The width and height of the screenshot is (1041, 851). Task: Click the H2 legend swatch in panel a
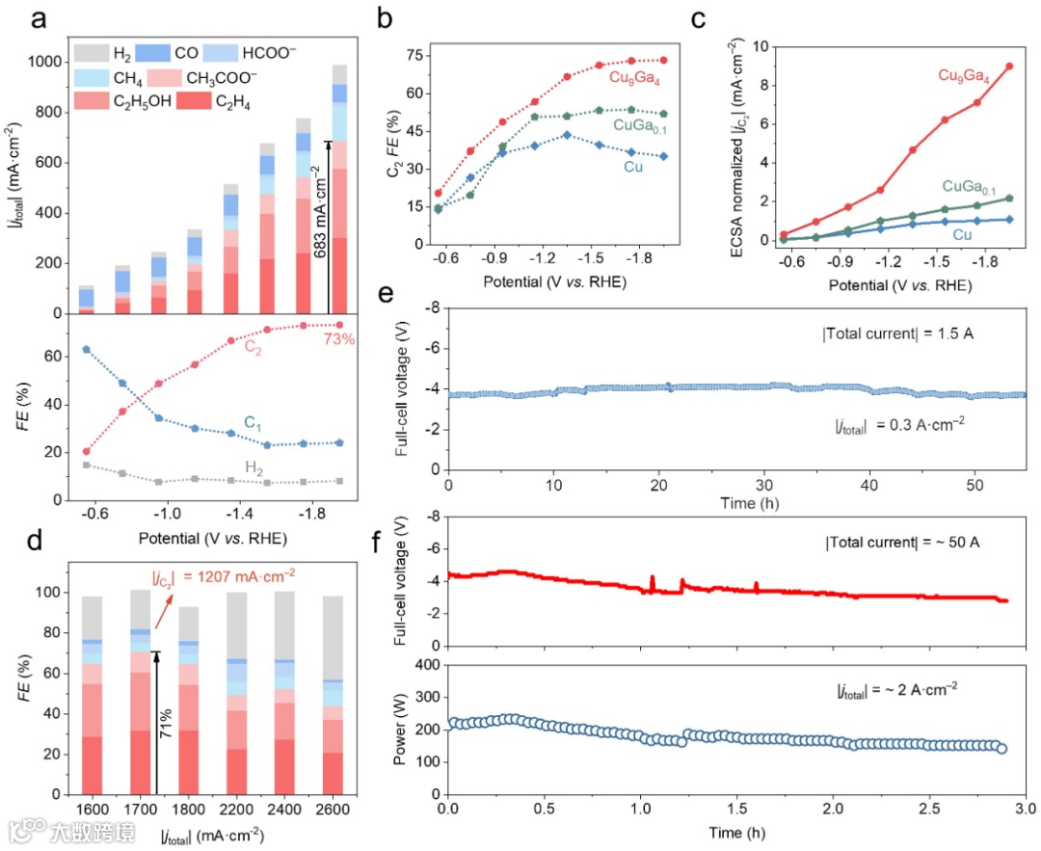88,52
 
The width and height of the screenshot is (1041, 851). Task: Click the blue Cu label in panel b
632,167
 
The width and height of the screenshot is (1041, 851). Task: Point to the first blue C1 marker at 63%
87,349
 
